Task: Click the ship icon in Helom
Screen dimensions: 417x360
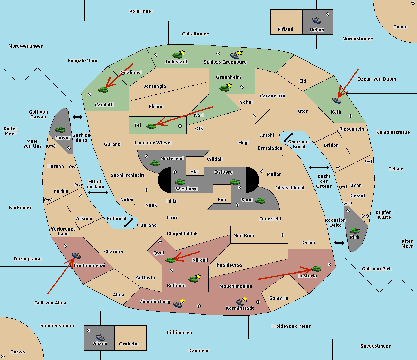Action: coord(317,20)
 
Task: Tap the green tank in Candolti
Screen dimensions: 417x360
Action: coord(103,90)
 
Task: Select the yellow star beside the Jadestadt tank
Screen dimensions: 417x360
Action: coord(182,52)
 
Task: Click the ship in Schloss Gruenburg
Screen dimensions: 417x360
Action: coord(235,55)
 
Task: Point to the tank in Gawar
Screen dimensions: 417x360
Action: coord(60,129)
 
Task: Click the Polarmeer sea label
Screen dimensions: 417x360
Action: coord(141,11)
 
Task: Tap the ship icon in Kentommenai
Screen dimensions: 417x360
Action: coord(76,255)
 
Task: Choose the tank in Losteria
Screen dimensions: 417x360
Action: coord(316,268)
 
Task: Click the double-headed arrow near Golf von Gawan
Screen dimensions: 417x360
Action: coord(77,117)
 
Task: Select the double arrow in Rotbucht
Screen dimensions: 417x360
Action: coord(129,223)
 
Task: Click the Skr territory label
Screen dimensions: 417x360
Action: coord(194,171)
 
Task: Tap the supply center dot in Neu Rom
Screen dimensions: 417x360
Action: coord(283,235)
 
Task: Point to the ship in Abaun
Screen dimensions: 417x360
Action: coord(100,337)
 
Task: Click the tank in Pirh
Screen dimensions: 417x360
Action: coord(354,231)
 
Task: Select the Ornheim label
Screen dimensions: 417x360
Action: coord(129,344)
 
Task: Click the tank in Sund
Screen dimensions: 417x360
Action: coord(260,201)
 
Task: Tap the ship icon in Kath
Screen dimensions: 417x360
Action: coord(336,100)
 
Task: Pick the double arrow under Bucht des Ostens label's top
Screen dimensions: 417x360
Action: coord(319,167)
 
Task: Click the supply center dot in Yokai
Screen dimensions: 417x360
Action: coord(254,116)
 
